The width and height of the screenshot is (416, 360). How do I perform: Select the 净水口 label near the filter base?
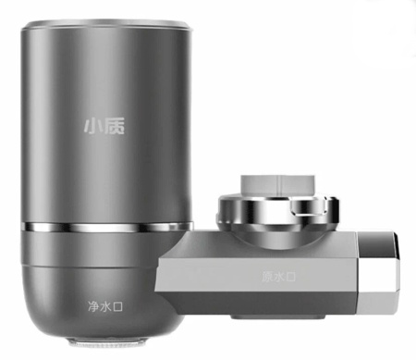tap(106, 304)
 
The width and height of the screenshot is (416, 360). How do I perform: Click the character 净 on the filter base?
tap(93, 304)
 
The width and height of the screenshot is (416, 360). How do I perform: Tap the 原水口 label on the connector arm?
tap(278, 276)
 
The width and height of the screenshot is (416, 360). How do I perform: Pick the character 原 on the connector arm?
tap(266, 276)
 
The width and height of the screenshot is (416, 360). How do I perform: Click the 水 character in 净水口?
tap(106, 304)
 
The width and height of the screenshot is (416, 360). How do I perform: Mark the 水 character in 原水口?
tap(278, 276)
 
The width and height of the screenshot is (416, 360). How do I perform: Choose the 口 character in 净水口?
tap(119, 304)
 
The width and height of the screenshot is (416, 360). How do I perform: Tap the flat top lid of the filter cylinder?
tap(107, 27)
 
